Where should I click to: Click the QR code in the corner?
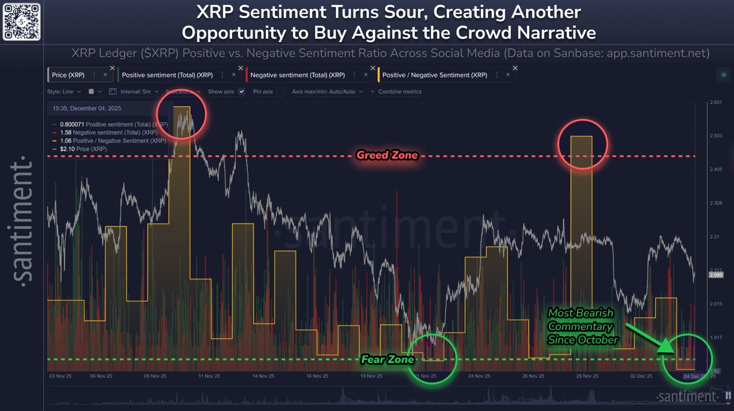[x=22, y=22]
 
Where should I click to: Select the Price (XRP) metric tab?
[x=68, y=75]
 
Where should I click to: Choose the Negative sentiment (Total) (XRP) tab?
[x=297, y=75]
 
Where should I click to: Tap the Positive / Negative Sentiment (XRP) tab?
[x=434, y=75]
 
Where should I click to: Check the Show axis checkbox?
[x=242, y=92]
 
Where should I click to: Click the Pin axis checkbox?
[x=281, y=92]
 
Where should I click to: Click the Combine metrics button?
[x=396, y=92]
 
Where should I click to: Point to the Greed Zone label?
[x=387, y=155]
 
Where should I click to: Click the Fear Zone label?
[x=387, y=359]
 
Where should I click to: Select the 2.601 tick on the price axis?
[x=716, y=102]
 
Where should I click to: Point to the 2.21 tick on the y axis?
[x=715, y=237]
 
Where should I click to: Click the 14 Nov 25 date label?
[x=263, y=376]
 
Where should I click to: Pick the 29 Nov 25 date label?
[x=587, y=376]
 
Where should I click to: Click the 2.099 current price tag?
[x=716, y=275]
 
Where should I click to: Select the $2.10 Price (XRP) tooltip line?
[x=83, y=149]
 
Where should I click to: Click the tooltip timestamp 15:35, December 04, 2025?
[x=87, y=108]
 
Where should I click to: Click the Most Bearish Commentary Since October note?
[x=582, y=326]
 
